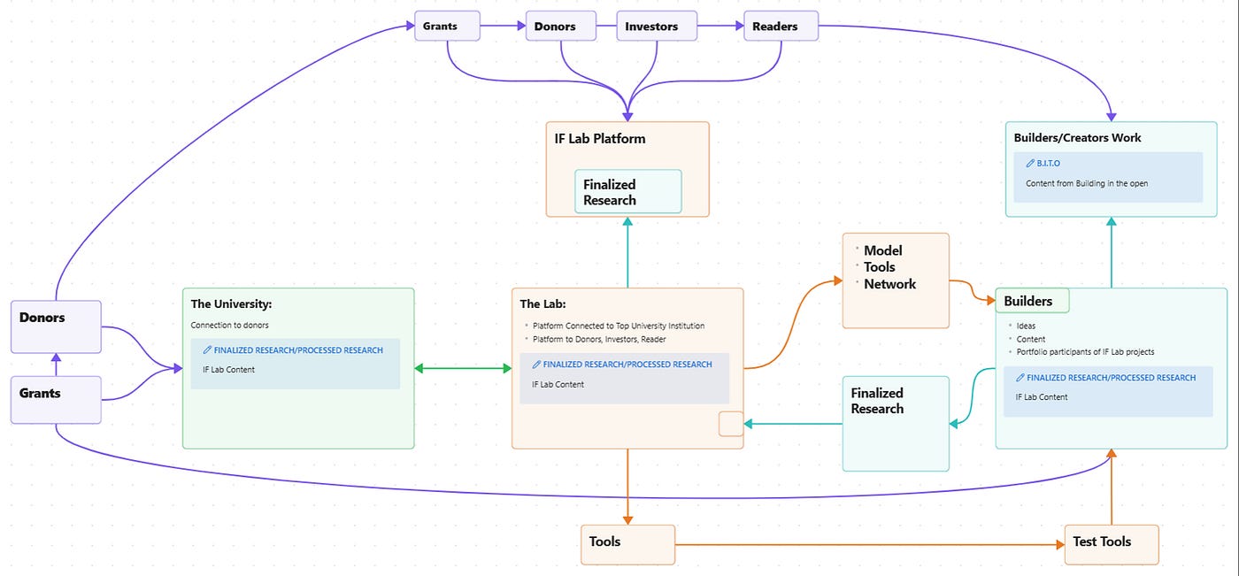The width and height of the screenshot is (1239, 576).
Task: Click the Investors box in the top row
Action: coord(657,26)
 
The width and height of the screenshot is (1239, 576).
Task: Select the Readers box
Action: coord(781,26)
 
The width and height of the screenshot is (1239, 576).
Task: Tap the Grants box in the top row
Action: coord(447,26)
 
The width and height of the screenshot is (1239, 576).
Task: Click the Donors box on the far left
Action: coord(56,326)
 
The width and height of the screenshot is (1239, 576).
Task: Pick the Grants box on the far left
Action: coord(56,400)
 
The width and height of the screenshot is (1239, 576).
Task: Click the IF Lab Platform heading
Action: coord(600,139)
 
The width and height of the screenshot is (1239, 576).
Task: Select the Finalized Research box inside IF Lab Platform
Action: coord(627,191)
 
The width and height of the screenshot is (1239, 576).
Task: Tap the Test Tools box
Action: coord(1112,544)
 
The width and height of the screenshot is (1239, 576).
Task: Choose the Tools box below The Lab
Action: coord(627,544)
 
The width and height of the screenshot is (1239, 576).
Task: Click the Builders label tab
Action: coord(1032,301)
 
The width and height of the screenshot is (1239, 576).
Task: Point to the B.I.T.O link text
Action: coord(1048,163)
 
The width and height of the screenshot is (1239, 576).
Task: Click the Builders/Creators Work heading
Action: coord(1077,138)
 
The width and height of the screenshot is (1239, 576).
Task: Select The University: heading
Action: coord(231,303)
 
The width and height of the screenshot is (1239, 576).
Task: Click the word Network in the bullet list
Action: coord(889,284)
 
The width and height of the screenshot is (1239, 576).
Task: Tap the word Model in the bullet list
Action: coord(883,250)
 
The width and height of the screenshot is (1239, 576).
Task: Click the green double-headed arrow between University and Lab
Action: coord(463,368)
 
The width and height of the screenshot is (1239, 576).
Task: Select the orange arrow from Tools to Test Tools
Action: coord(869,544)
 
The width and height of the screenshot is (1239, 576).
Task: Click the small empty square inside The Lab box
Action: coord(731,424)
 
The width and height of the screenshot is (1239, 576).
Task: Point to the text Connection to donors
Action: coord(229,325)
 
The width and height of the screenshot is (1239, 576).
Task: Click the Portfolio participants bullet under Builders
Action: coord(1085,351)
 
